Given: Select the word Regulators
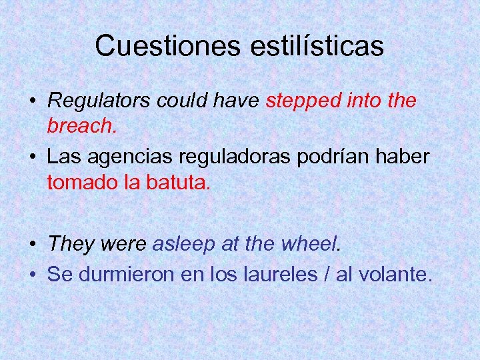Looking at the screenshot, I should [100, 101].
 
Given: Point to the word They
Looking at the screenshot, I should [71, 244].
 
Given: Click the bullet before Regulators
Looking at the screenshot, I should [32, 102].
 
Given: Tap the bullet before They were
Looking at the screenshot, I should [32, 245].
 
